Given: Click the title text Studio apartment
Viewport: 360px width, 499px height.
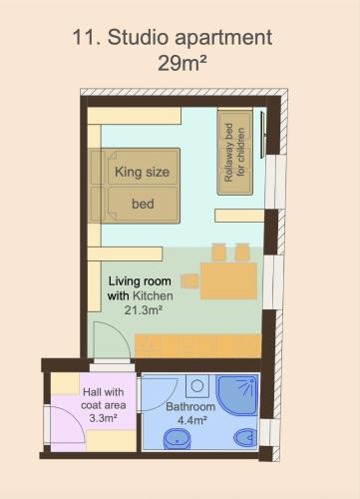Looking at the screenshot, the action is coord(189,38).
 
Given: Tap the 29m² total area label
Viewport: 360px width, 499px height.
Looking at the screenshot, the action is coord(182,63).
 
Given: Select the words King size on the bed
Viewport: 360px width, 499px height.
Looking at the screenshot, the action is coord(142,173).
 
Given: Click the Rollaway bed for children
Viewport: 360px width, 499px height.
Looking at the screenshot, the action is coord(234,153).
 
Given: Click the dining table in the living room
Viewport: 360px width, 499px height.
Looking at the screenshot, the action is coord(228,280).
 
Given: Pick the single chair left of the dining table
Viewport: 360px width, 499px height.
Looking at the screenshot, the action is coord(189,281).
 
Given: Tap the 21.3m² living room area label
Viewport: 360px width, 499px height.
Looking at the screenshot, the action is coord(144,310).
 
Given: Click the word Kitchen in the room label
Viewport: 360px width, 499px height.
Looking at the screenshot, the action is coord(153,295).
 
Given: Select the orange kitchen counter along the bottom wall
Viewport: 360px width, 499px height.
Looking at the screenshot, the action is coord(198,346).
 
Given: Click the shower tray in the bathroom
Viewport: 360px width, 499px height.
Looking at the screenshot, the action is coord(237,395).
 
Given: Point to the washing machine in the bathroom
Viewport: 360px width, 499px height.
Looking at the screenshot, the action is coord(197,386).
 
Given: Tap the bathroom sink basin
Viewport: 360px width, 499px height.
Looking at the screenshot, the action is coord(178,438).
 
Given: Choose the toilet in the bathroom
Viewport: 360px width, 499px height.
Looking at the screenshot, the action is coord(245,437).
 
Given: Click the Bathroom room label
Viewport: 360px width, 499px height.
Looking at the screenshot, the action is coord(190,406).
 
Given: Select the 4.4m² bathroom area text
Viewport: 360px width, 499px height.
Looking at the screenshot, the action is coord(192,420).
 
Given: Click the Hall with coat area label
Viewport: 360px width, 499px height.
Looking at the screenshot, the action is coord(104,398).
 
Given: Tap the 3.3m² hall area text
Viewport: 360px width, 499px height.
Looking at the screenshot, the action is coord(104,418).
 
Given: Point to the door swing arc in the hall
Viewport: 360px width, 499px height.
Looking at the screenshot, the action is coord(76,416).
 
